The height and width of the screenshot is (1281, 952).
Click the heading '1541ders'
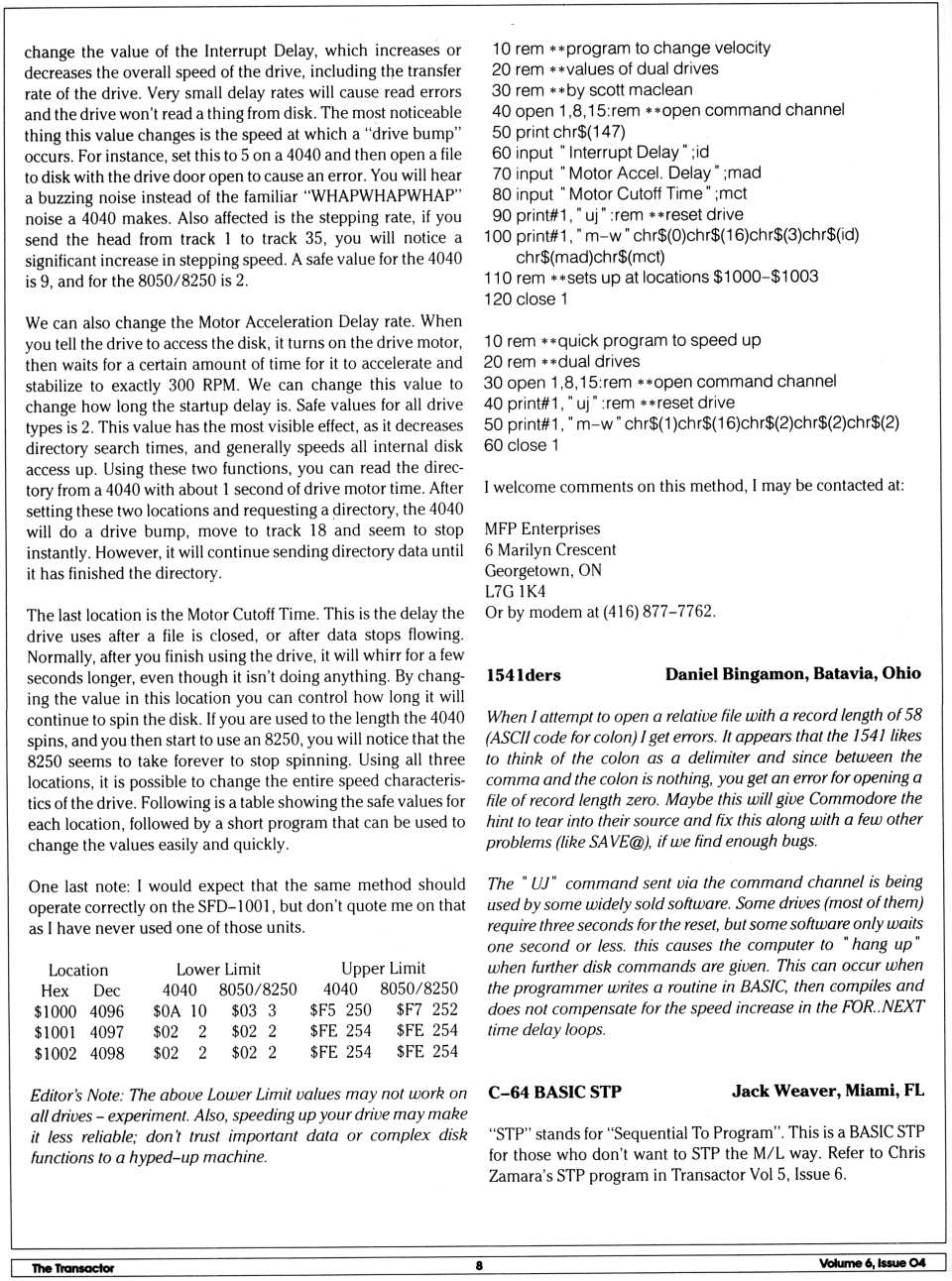coord(523,675)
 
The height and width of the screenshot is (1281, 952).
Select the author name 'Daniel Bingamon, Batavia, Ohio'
coord(792,673)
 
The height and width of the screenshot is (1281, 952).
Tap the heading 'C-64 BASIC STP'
coord(554,1093)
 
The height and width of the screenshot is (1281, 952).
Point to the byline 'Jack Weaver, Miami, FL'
coord(827,1091)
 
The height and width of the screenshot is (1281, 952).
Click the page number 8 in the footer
coord(479,1265)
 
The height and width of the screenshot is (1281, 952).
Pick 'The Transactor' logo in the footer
coord(72,1267)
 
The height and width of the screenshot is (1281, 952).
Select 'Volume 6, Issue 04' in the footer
coord(872,1263)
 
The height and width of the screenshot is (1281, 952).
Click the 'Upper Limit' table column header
coord(383,968)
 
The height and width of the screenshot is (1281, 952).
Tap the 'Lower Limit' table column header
coord(218,969)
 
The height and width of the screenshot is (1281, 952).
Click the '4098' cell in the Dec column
coord(107,1053)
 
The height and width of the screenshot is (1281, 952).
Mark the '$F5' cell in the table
coord(323,1010)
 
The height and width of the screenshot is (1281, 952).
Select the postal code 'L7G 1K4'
coord(515,591)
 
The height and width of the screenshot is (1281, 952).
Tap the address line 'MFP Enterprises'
coord(541,528)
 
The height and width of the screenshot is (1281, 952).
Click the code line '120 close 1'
coord(526,298)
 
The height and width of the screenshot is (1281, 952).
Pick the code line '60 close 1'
coord(521,445)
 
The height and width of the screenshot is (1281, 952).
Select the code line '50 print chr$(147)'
coord(558,131)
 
